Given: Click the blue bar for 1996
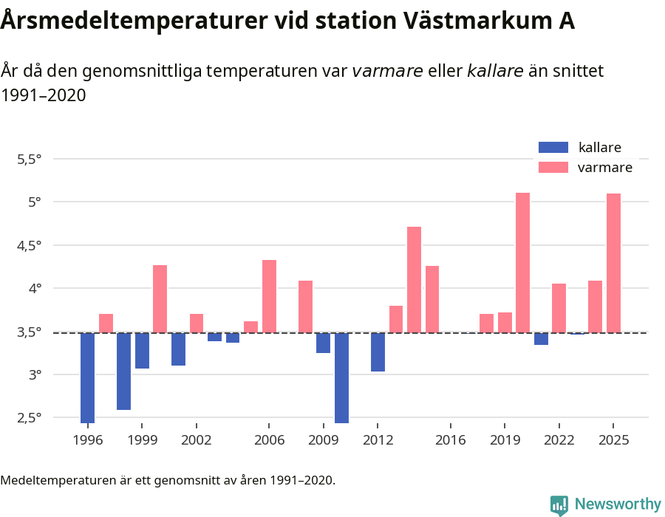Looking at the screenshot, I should [87, 377].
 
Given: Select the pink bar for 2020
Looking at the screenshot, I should [522, 262].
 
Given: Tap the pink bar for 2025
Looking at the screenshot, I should [613, 263].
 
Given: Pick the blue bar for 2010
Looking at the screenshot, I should [341, 377].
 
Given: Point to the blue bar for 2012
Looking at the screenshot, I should [378, 352].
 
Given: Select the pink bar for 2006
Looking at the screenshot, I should [269, 296].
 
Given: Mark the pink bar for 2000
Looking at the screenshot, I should [160, 298].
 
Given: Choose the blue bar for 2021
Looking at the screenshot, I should [541, 338].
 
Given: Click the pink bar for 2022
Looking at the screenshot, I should [559, 308].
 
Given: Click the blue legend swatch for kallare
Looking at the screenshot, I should [553, 147].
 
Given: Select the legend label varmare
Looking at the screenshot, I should [604, 168].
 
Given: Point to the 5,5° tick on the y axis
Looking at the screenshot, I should [29, 159].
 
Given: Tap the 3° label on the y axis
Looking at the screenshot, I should [35, 374].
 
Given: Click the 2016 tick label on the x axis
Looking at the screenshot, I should [450, 440].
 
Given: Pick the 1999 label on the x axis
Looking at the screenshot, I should [142, 440].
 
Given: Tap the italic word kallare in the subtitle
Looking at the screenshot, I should [495, 71].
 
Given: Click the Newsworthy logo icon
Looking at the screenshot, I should [559, 504].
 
